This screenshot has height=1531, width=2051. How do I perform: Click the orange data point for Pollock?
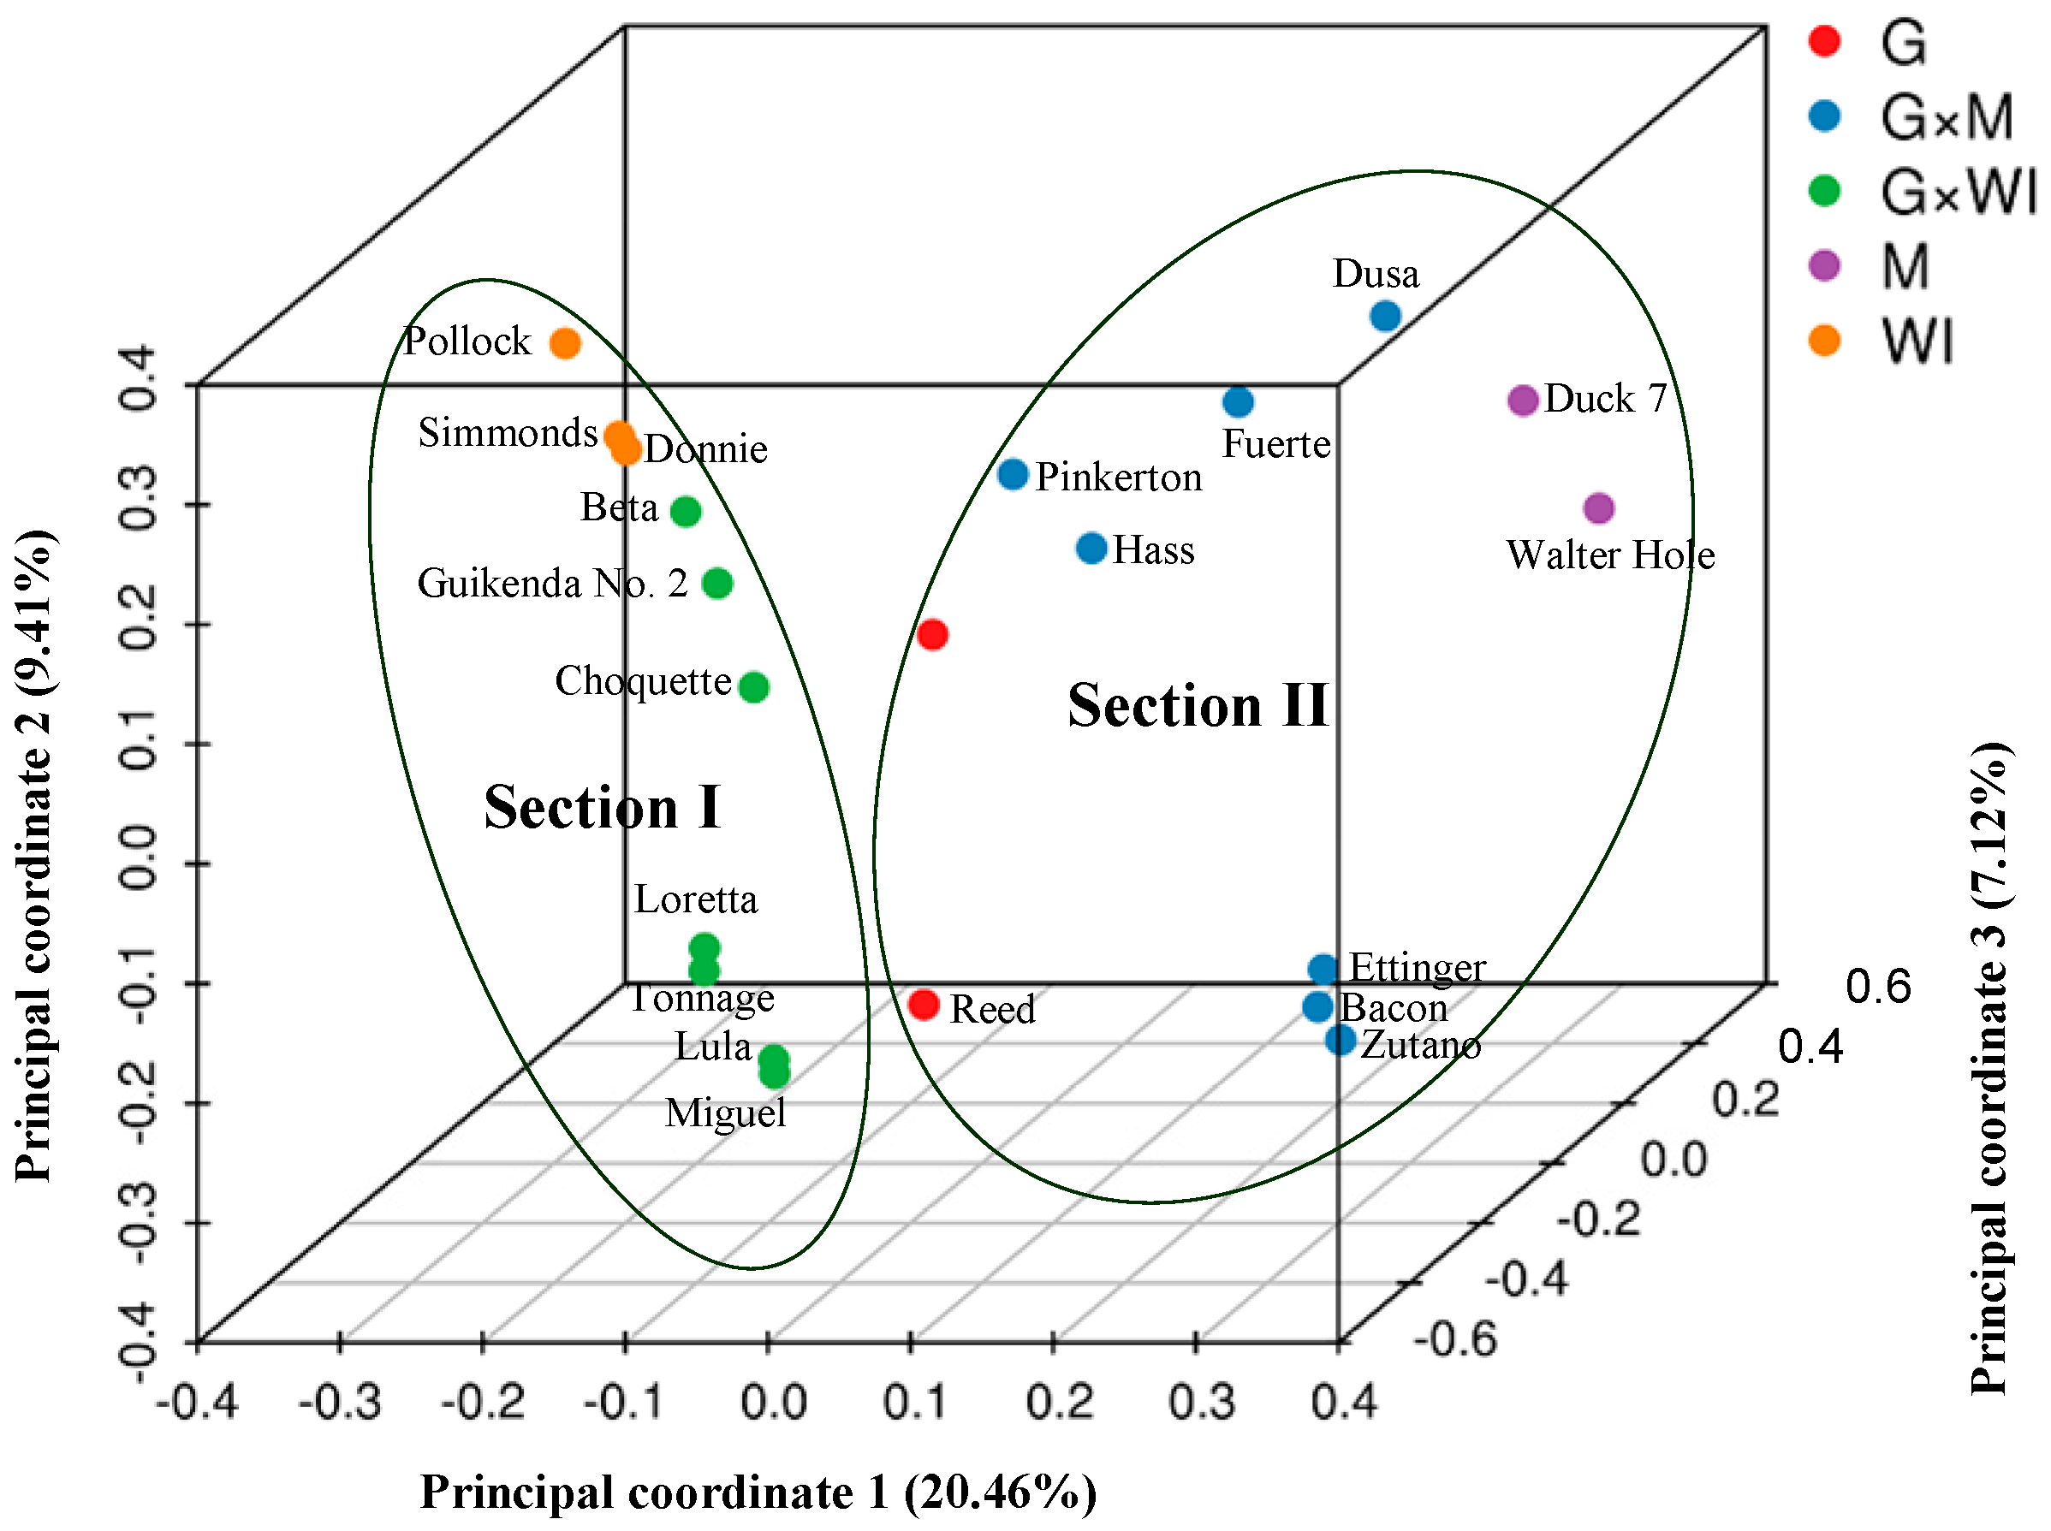point(564,344)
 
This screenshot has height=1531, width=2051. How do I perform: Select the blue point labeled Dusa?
point(1385,316)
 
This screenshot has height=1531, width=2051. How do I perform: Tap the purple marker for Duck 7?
point(1523,401)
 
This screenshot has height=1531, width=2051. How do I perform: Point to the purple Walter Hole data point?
point(1599,507)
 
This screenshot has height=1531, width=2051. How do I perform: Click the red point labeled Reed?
point(923,1005)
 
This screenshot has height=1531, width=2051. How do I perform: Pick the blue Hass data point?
point(1091,548)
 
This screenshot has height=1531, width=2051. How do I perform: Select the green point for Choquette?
point(753,686)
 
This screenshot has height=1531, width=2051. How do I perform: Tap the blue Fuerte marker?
point(1237,402)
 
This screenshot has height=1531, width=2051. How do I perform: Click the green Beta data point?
point(685,511)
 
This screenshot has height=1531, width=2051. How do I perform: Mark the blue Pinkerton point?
point(1013,474)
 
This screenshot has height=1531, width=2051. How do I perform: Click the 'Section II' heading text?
point(1198,705)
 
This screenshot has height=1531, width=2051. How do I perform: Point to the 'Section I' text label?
point(602,807)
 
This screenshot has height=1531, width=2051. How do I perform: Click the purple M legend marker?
point(1824,266)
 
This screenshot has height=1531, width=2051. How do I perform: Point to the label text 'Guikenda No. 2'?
point(552,584)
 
